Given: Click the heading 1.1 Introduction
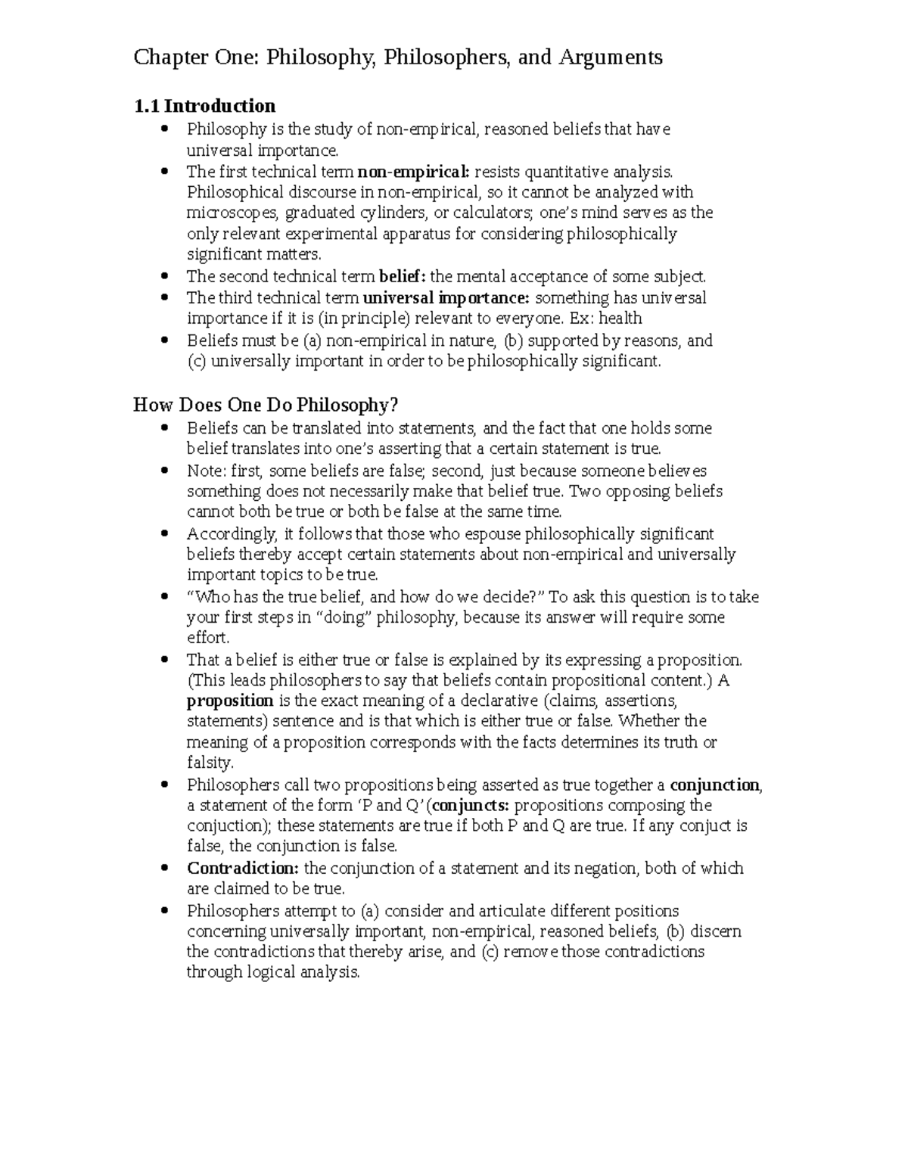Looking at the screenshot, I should [x=204, y=105].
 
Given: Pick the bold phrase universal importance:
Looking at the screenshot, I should [x=447, y=297].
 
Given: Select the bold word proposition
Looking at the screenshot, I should [x=230, y=701].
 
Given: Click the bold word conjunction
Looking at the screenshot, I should [x=715, y=785].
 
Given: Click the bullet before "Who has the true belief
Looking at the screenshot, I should [x=163, y=596].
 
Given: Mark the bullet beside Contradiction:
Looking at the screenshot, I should [x=163, y=868].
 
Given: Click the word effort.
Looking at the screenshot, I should [x=207, y=638].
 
